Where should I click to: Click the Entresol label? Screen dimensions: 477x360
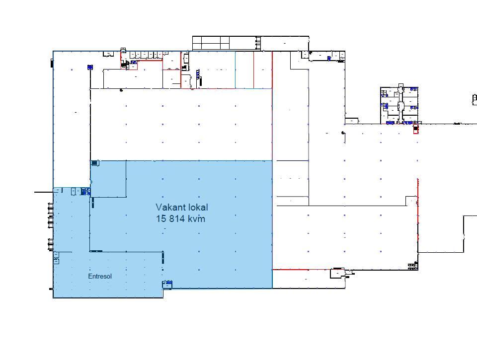click(100, 277)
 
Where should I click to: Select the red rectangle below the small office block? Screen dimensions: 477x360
click(415, 129)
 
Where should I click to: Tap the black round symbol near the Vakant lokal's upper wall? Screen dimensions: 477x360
click(121, 90)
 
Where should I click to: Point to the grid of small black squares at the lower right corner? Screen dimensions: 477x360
click(413, 267)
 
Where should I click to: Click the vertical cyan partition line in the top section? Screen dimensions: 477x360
click(235, 70)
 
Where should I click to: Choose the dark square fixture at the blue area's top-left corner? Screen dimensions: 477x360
click(94, 163)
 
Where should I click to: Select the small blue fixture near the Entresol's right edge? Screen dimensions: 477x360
click(167, 284)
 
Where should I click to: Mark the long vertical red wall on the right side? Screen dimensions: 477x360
click(418, 216)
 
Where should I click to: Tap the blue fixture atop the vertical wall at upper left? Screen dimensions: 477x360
click(90, 67)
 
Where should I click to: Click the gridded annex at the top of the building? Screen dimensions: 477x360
click(227, 43)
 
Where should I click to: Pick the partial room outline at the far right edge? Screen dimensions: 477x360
click(475, 100)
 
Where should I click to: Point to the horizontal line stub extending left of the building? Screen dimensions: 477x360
click(44, 192)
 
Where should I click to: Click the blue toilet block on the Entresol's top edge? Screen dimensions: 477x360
click(85, 191)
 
